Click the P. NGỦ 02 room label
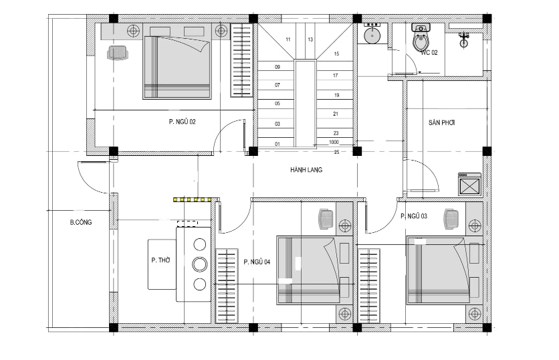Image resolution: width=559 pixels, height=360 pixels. coord(182,122)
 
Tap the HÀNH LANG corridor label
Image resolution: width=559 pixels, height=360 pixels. coord(306,170)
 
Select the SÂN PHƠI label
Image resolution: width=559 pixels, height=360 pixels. coord(442,122)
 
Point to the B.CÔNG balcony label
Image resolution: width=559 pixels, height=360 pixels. coord(81,222)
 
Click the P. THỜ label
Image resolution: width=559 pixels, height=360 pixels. coord(160,260)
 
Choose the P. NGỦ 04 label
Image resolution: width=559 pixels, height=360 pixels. coord(257,262)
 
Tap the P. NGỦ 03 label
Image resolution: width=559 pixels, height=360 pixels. coord(414,216)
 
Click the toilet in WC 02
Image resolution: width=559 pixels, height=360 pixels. coord(421,38)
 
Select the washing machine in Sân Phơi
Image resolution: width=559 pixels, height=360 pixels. coord(469,184)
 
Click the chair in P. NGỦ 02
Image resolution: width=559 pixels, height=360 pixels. coord(118,53)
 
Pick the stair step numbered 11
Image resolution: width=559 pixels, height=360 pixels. coord(288,39)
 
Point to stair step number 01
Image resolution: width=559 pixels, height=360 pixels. coord(277,144)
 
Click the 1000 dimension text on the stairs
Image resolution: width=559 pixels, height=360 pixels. coord(334,142)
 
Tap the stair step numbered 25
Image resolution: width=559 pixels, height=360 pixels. coord(336,152)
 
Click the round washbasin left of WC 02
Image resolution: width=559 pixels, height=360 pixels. coord(372,35)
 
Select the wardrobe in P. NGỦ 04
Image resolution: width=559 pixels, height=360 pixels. coord(227,286)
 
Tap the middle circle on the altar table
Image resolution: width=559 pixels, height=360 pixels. coord(200,264)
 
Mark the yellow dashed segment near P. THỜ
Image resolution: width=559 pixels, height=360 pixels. coord(193,199)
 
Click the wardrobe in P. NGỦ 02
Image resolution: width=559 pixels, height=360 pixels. coord(241,60)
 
